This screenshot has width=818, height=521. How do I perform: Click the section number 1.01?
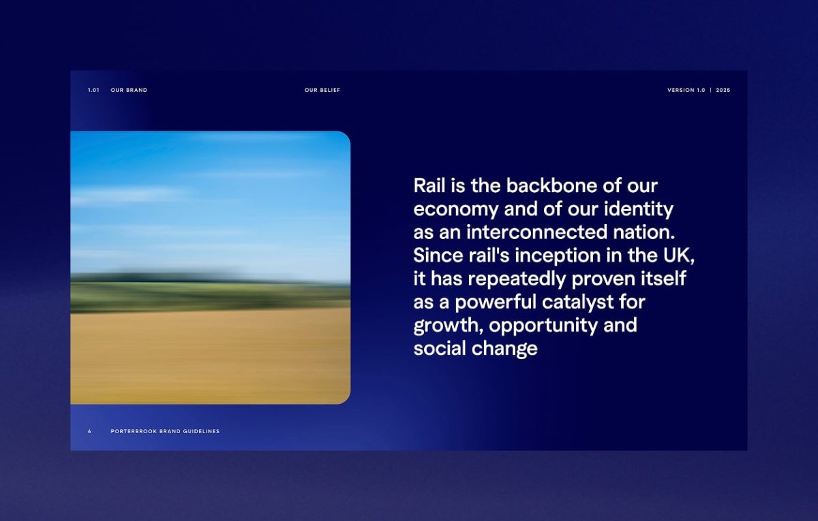(x=93, y=90)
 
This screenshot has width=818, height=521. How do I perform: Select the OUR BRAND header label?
(x=129, y=90)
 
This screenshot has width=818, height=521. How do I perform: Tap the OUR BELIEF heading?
(x=322, y=90)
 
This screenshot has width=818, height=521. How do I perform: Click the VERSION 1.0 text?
(x=686, y=90)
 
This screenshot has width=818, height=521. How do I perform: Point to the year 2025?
(x=723, y=90)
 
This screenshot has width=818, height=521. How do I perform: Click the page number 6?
(x=89, y=431)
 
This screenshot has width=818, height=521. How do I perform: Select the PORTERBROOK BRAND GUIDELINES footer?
(x=165, y=431)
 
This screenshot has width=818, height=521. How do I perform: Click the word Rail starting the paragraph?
(x=429, y=185)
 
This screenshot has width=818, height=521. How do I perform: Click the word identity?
(x=639, y=210)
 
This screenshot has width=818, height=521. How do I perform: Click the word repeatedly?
(x=517, y=280)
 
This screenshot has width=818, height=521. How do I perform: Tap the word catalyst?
(x=578, y=303)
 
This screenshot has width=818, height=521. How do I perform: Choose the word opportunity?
(x=543, y=326)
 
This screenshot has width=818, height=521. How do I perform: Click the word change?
(x=504, y=349)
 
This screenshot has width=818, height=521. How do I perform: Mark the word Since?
(x=438, y=255)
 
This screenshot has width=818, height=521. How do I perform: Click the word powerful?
(x=495, y=303)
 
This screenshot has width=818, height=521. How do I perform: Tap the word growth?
(x=448, y=326)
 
